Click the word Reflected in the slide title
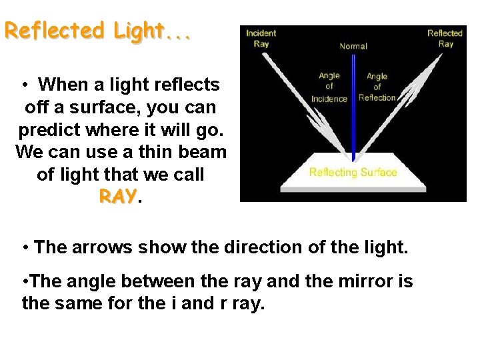pyautogui.click(x=55, y=31)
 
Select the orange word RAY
pyautogui.click(x=117, y=197)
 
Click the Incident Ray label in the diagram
pyautogui.click(x=261, y=39)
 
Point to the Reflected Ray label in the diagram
pyautogui.click(x=445, y=39)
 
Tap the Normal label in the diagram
pyautogui.click(x=353, y=46)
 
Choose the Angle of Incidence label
pyautogui.click(x=329, y=87)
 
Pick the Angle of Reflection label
pyautogui.click(x=377, y=87)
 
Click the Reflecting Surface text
pyautogui.click(x=353, y=173)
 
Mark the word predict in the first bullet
pyautogui.click(x=47, y=129)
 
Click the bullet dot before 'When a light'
pyautogui.click(x=24, y=85)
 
